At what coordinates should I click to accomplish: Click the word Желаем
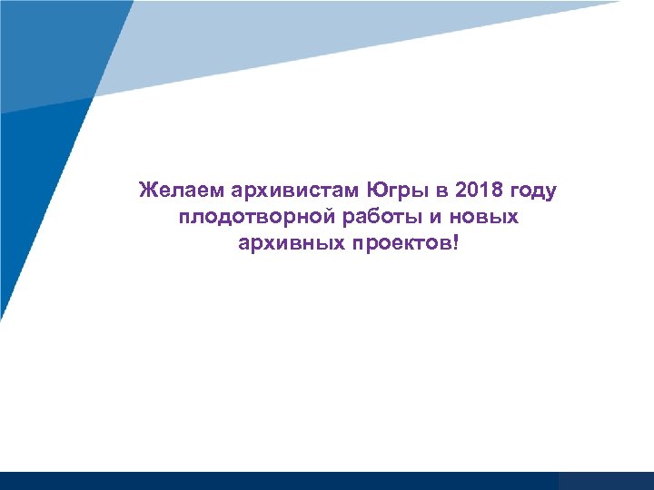pos(180,191)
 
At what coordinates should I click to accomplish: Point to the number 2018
pos(479,191)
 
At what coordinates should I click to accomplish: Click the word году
pos(535,192)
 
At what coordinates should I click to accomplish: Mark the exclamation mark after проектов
pos(457,244)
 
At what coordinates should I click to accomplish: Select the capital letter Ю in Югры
pos(376,191)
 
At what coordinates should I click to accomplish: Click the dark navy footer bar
pos(272,481)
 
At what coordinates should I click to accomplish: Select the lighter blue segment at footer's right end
pos(606,481)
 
